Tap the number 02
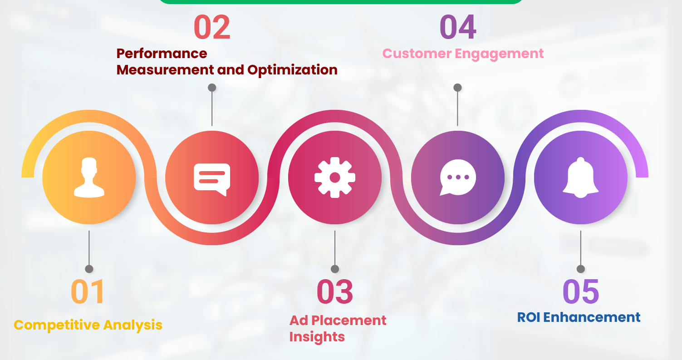click(212, 27)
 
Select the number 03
click(335, 291)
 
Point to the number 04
click(458, 27)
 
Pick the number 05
click(581, 291)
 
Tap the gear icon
click(335, 177)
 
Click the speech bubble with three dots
click(458, 178)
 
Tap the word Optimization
click(292, 70)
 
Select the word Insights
click(317, 337)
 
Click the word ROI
click(528, 317)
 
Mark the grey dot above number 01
click(89, 269)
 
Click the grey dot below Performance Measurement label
click(212, 87)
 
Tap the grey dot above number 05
click(581, 269)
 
